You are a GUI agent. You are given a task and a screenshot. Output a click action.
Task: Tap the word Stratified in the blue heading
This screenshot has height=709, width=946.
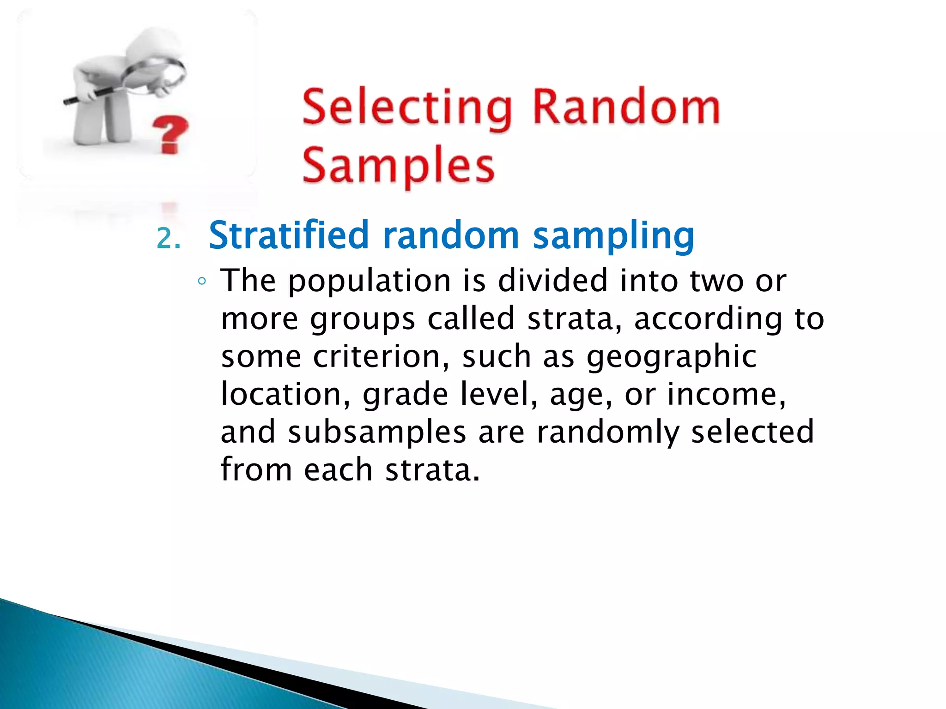(288, 235)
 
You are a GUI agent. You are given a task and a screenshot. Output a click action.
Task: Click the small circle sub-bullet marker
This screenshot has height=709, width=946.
(201, 281)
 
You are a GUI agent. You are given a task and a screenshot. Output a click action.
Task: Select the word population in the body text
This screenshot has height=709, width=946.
(370, 282)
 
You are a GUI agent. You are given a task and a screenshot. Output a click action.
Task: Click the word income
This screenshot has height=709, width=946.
(727, 394)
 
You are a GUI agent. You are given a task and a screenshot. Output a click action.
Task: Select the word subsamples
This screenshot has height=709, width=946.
(377, 433)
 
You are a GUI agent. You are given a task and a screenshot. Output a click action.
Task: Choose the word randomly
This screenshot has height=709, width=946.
(608, 433)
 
